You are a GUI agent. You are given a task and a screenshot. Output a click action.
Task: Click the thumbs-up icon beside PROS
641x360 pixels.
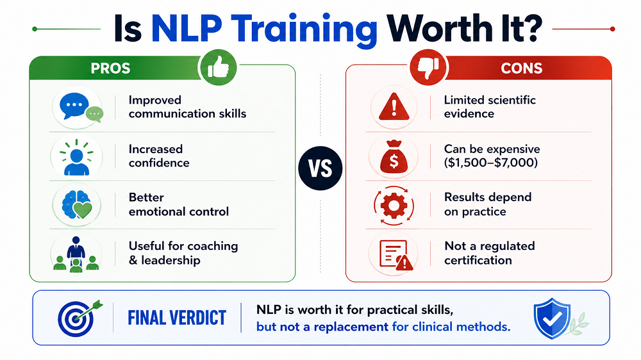(218, 67)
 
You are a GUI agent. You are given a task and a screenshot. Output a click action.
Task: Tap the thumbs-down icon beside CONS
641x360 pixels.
(428, 67)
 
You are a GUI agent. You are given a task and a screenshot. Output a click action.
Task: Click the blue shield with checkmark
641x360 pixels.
(550, 316)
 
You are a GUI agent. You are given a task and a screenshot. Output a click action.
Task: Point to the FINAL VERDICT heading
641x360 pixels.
(177, 317)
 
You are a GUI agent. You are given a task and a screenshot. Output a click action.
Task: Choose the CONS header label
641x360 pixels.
(522, 69)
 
